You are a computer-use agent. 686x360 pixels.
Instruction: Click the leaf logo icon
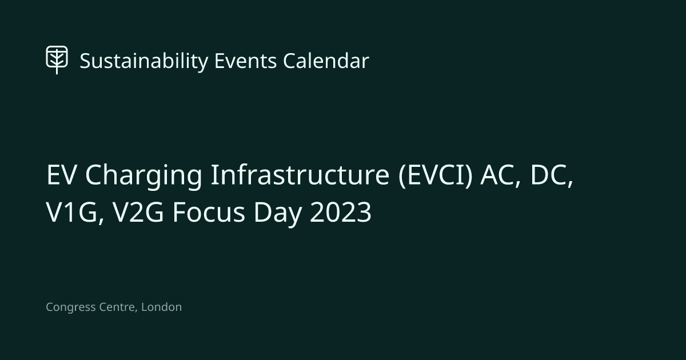click(x=57, y=59)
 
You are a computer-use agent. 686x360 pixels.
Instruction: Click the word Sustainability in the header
click(x=143, y=61)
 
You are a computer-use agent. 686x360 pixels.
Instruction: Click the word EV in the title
click(x=61, y=176)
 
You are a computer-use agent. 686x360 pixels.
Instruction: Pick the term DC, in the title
click(x=552, y=177)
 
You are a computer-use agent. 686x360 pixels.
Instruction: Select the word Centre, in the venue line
click(x=117, y=307)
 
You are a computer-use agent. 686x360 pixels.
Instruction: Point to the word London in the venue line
click(x=161, y=307)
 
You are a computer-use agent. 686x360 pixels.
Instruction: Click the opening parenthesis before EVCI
click(x=401, y=176)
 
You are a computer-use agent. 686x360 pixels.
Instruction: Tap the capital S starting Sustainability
click(x=85, y=61)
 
